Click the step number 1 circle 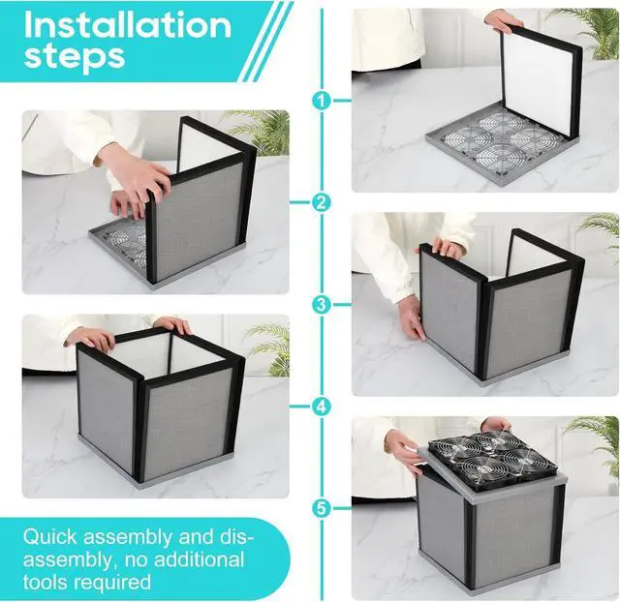tap(321, 100)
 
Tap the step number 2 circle tap(321, 202)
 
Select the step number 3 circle tap(321, 304)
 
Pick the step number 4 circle tap(321, 406)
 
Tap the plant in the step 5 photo tap(597, 440)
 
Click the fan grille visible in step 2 tap(130, 242)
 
